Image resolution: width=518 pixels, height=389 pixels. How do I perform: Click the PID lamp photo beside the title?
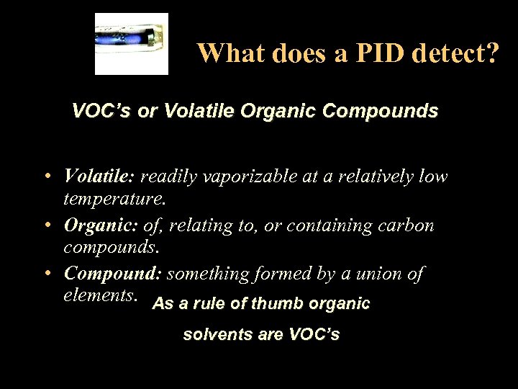click(132, 43)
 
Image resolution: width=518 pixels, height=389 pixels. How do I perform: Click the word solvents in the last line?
click(212, 334)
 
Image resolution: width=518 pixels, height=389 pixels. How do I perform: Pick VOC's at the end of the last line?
click(314, 334)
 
